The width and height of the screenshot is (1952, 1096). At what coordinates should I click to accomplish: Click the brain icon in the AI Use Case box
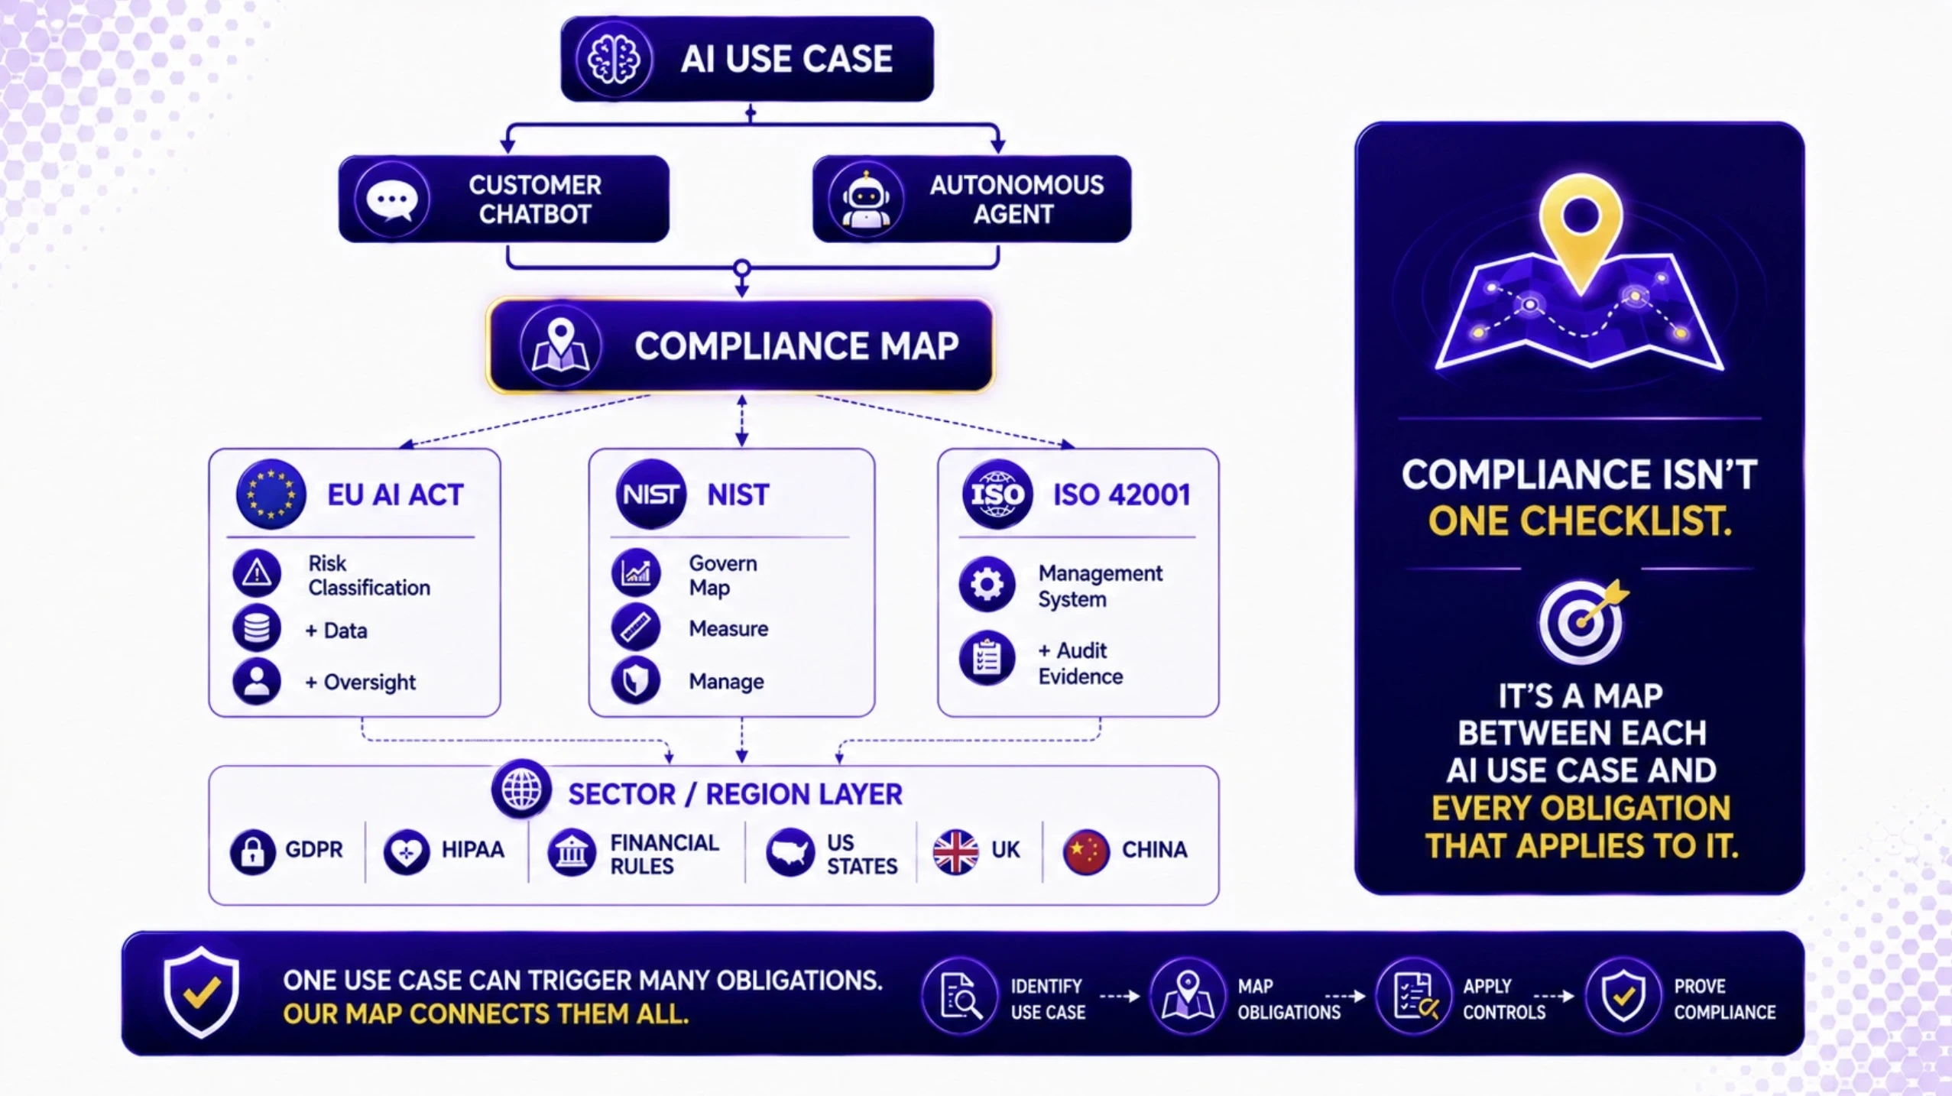pos(614,59)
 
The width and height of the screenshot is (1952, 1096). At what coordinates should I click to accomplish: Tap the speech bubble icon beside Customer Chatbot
pos(392,200)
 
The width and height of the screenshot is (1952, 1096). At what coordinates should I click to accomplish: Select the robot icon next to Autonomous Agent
pos(865,200)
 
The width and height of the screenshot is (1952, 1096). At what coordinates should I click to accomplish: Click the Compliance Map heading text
pos(796,345)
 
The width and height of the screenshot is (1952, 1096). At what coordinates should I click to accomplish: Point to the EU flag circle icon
pos(271,494)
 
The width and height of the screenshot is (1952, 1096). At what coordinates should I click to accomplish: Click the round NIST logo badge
pos(650,494)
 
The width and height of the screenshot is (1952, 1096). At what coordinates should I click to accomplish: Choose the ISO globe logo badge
pos(997,494)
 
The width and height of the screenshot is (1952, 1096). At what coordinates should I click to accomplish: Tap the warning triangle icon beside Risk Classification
pos(257,573)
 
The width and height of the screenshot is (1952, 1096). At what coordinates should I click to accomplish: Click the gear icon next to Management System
pos(987,585)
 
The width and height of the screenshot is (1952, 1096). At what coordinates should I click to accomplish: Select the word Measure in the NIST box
pos(728,628)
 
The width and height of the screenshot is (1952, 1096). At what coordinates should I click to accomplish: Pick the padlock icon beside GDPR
pos(252,851)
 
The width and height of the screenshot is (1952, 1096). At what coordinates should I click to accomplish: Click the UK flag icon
pos(955,851)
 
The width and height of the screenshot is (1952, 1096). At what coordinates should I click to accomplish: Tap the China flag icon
pos(1086,851)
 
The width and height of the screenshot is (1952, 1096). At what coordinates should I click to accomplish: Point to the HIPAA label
pos(472,850)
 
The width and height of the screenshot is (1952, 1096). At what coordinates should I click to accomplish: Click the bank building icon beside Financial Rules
pos(571,851)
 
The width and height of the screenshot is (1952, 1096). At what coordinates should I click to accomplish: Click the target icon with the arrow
pos(1582,621)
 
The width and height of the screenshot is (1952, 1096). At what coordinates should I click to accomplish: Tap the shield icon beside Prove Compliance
pos(1623,996)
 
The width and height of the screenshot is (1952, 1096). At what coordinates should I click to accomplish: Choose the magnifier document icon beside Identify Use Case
pos(959,996)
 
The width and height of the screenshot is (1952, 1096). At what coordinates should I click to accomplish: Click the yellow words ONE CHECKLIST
pos(1579,521)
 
